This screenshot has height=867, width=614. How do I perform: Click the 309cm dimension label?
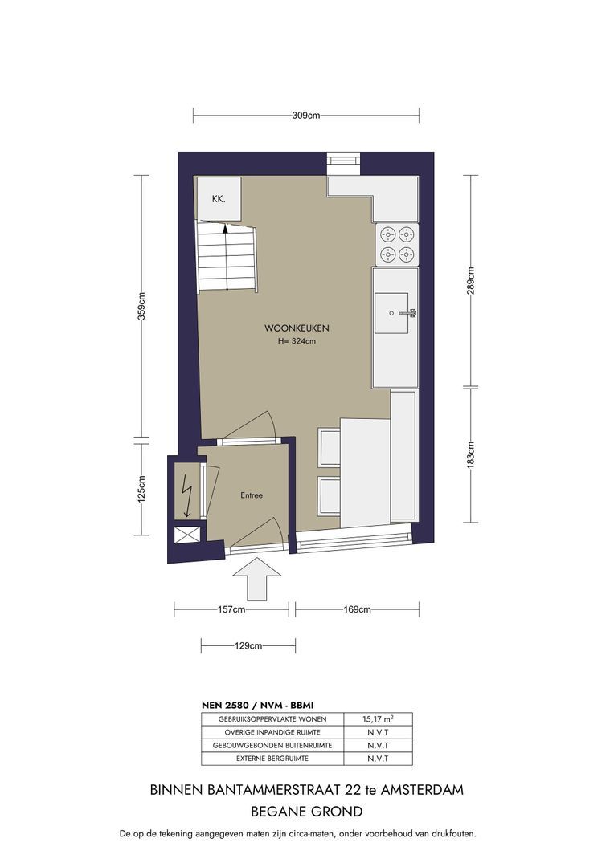coord(305,116)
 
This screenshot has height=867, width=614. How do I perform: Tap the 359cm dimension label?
coord(141,306)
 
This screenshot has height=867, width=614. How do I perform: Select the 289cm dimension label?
coord(471,280)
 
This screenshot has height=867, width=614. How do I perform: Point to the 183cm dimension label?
coord(471,454)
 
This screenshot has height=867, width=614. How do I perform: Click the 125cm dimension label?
coord(141,490)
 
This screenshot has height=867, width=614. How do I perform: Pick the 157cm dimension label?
coord(231,609)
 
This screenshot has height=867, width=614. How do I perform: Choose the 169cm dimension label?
coord(357,609)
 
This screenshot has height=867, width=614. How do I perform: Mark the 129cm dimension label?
coord(248,645)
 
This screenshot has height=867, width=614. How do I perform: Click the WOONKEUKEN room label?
coord(297,328)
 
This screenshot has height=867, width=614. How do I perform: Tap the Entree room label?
coord(252,495)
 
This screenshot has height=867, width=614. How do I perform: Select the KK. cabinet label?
coord(219,199)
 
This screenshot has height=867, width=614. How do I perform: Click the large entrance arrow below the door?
coord(257,579)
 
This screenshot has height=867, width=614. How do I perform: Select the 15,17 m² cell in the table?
coord(379,719)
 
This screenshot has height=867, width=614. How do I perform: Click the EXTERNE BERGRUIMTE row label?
coord(272,759)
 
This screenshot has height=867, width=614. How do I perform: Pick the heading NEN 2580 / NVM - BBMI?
coord(257,706)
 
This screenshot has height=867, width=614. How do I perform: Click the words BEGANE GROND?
coord(307,812)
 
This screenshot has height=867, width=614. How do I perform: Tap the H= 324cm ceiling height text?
coord(297,341)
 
